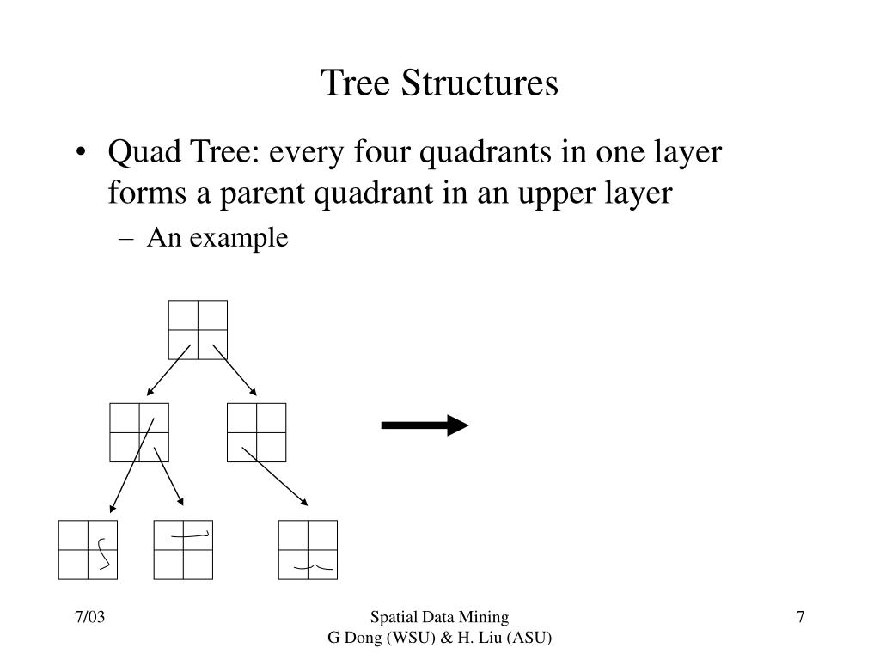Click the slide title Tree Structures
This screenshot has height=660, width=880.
click(x=439, y=83)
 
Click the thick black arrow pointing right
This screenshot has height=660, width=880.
click(x=425, y=425)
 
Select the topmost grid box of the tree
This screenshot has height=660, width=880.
click(x=199, y=329)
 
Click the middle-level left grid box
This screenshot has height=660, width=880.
click(x=139, y=432)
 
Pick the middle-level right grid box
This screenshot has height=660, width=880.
click(x=257, y=432)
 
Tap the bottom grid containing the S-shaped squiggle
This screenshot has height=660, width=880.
click(x=88, y=549)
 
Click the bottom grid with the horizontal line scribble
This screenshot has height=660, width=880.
click(x=183, y=549)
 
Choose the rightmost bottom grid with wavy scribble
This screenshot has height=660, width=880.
click(x=308, y=549)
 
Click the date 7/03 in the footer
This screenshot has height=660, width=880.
click(x=89, y=618)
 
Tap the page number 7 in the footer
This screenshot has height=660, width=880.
click(x=800, y=618)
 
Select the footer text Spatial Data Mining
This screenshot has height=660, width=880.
click(x=439, y=617)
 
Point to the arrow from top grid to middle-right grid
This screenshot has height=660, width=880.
click(x=234, y=370)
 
